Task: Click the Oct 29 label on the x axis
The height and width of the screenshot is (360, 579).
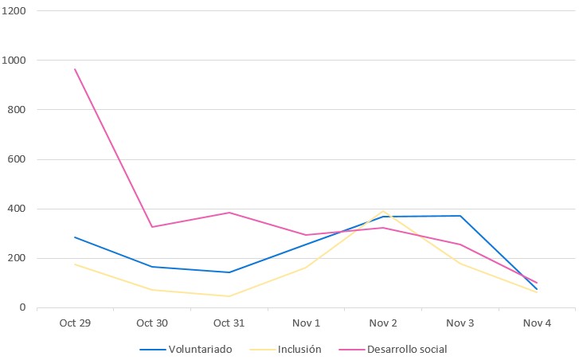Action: pyautogui.click(x=75, y=323)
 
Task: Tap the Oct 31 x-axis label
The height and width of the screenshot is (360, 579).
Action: pyautogui.click(x=229, y=323)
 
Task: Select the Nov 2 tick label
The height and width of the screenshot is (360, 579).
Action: pyautogui.click(x=383, y=323)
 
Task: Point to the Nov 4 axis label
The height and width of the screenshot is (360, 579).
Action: pyautogui.click(x=537, y=323)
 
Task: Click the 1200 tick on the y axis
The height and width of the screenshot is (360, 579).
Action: pyautogui.click(x=15, y=11)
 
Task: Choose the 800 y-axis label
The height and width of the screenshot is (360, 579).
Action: pyautogui.click(x=18, y=110)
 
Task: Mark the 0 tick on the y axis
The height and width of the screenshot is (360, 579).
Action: pyautogui.click(x=23, y=307)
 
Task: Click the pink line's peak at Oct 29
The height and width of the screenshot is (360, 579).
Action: pyautogui.click(x=75, y=69)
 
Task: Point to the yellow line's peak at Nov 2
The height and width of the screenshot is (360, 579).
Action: pyautogui.click(x=383, y=211)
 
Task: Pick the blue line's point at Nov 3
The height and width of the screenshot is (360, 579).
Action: pyautogui.click(x=460, y=216)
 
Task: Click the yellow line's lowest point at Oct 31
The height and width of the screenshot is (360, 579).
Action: pyautogui.click(x=229, y=296)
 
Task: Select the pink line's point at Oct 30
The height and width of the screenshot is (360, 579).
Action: pyautogui.click(x=152, y=227)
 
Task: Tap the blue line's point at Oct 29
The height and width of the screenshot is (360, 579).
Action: pyautogui.click(x=75, y=237)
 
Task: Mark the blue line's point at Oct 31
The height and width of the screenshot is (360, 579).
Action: pyautogui.click(x=229, y=272)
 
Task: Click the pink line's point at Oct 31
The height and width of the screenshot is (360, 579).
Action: pyautogui.click(x=229, y=213)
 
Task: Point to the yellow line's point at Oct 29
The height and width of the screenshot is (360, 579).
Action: pyautogui.click(x=75, y=264)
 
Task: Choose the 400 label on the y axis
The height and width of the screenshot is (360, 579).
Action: pyautogui.click(x=18, y=209)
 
